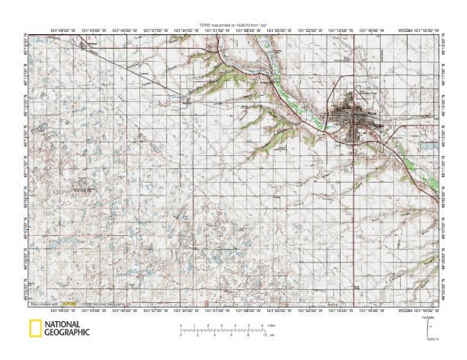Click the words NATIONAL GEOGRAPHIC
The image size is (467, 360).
pyautogui.click(x=67, y=329)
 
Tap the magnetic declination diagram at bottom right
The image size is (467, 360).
pyautogui.click(x=428, y=326)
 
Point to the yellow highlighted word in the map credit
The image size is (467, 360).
pyautogui.click(x=69, y=304)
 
